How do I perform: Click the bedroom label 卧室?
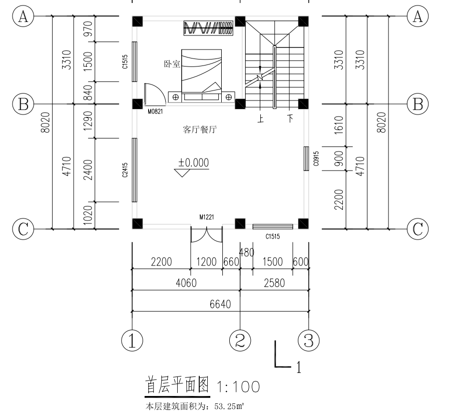click(x=172, y=64)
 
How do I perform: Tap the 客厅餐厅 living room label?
click(x=200, y=129)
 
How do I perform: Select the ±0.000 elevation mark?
click(x=193, y=162)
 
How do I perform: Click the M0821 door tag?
click(x=155, y=111)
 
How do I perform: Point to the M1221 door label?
click(x=207, y=216)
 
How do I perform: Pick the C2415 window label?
click(x=125, y=169)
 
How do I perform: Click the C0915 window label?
click(x=316, y=158)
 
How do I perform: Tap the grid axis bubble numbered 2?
click(x=240, y=340)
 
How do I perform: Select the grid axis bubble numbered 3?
click(x=308, y=340)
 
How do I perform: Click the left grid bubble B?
click(x=23, y=104)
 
